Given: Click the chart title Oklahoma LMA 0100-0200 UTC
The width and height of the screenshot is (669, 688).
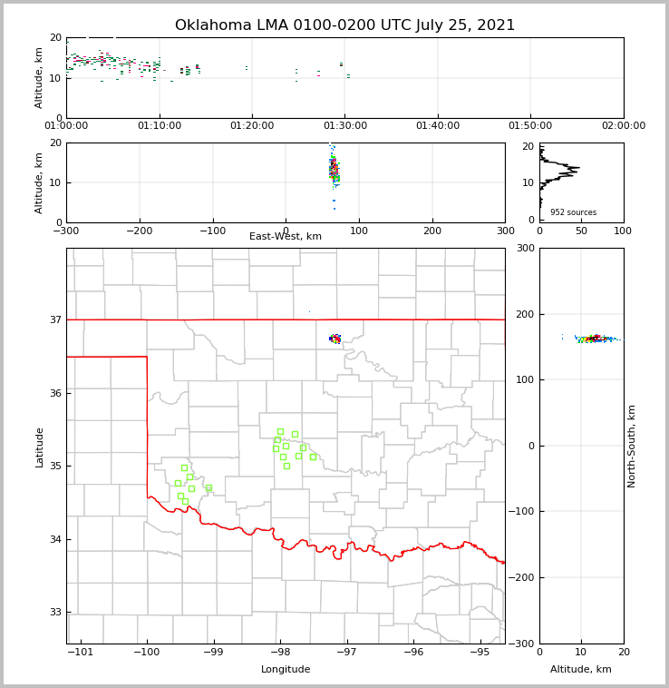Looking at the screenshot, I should click(344, 25).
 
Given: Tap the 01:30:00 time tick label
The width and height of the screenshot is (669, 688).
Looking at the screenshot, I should click(344, 125).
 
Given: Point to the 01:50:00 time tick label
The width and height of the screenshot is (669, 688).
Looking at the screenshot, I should click(530, 125).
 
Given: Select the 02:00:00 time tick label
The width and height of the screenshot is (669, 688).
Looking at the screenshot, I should click(623, 125).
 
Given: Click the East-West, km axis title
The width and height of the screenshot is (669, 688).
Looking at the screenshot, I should click(286, 237).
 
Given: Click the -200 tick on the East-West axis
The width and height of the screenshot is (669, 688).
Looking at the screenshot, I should click(139, 231).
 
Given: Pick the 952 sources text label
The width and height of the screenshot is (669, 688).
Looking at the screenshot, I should click(573, 212).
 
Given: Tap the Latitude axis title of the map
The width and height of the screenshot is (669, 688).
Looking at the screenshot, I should click(40, 447).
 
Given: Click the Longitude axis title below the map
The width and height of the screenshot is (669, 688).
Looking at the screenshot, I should click(286, 670).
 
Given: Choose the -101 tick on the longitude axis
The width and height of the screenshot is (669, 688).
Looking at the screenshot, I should click(81, 652).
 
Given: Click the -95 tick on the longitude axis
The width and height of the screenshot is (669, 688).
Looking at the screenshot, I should click(480, 652).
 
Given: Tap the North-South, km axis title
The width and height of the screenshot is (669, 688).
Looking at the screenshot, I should click(632, 446).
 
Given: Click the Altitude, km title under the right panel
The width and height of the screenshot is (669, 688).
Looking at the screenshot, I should click(581, 670).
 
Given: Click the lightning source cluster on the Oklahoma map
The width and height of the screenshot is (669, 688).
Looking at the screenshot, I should click(335, 339).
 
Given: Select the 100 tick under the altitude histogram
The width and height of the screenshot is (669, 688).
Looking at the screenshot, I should click(623, 231).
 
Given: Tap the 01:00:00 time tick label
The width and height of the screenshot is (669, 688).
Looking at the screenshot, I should click(66, 125).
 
